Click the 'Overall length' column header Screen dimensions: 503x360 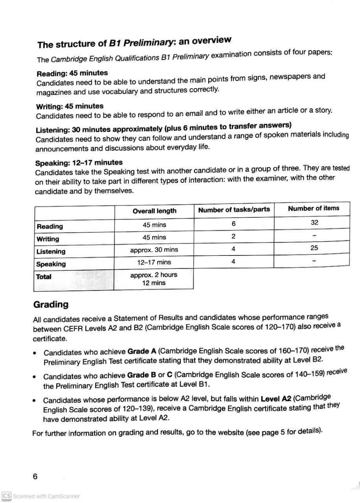click(154, 211)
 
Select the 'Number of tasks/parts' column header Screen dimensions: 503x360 click(234, 209)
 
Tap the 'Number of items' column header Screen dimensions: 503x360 click(313, 208)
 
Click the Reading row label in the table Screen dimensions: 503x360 click(50, 226)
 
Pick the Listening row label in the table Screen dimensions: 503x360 click(51, 251)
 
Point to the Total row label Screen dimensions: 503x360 click(44, 277)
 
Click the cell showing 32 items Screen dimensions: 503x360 click(314, 222)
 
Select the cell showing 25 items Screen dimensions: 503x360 click(314, 248)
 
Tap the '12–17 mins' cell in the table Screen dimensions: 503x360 click(154, 262)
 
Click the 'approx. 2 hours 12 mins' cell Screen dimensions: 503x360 click(154, 279)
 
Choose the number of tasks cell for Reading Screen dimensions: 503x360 click(233, 224)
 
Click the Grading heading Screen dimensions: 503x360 click(51, 305)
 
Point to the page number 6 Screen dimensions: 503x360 click(35, 476)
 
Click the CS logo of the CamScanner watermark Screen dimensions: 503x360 click(6, 496)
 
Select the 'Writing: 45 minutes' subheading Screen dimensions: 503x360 click(70, 106)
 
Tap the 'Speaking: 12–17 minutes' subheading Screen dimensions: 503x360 click(79, 163)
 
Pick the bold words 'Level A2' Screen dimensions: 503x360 click(276, 398)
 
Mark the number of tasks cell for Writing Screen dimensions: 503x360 click(233, 236)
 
